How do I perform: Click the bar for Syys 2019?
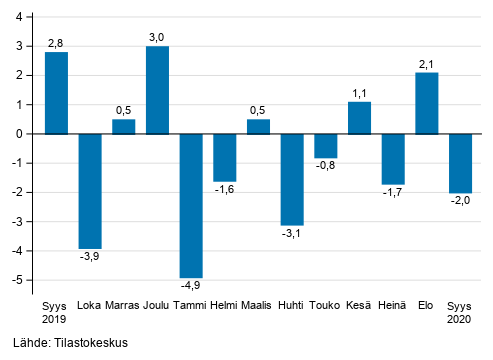(57, 93)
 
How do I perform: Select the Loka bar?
(90, 190)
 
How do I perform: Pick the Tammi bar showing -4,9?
(191, 205)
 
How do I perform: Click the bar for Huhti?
(292, 179)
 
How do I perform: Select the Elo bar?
(427, 103)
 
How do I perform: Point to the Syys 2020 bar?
(460, 163)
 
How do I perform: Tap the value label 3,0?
(158, 37)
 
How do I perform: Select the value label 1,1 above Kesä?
(360, 92)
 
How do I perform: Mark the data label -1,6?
(225, 191)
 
